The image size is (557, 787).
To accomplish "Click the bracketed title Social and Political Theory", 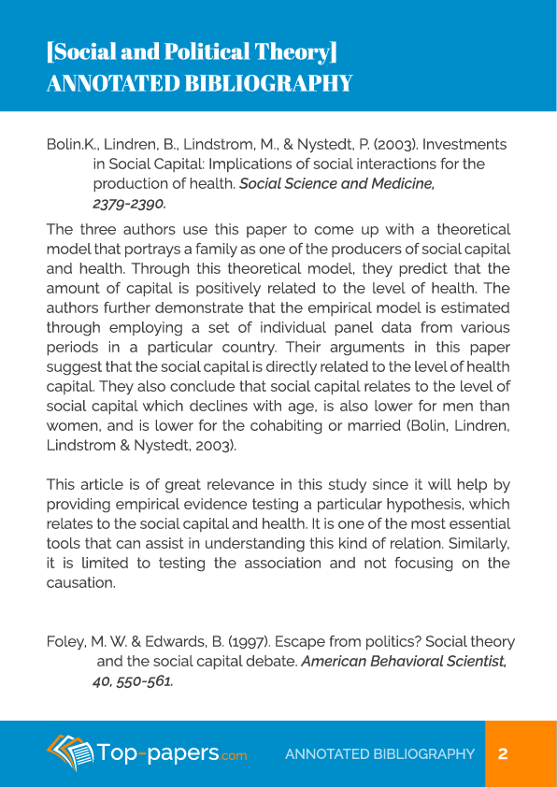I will click(x=192, y=51).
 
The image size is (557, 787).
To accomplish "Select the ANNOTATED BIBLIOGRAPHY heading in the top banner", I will click(x=199, y=84).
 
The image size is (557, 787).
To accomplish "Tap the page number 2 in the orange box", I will click(x=503, y=753).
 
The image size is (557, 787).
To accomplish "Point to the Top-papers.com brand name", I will click(x=173, y=753).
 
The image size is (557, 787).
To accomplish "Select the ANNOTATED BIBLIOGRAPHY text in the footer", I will click(x=379, y=754).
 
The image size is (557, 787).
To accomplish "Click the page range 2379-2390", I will click(x=129, y=203).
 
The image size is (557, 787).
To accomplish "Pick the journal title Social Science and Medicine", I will click(x=336, y=183).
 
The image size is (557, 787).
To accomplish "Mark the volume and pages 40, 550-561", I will click(x=133, y=681).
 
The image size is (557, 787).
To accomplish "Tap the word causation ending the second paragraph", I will click(x=81, y=582).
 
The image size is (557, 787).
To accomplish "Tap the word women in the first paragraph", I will click(x=72, y=425).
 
